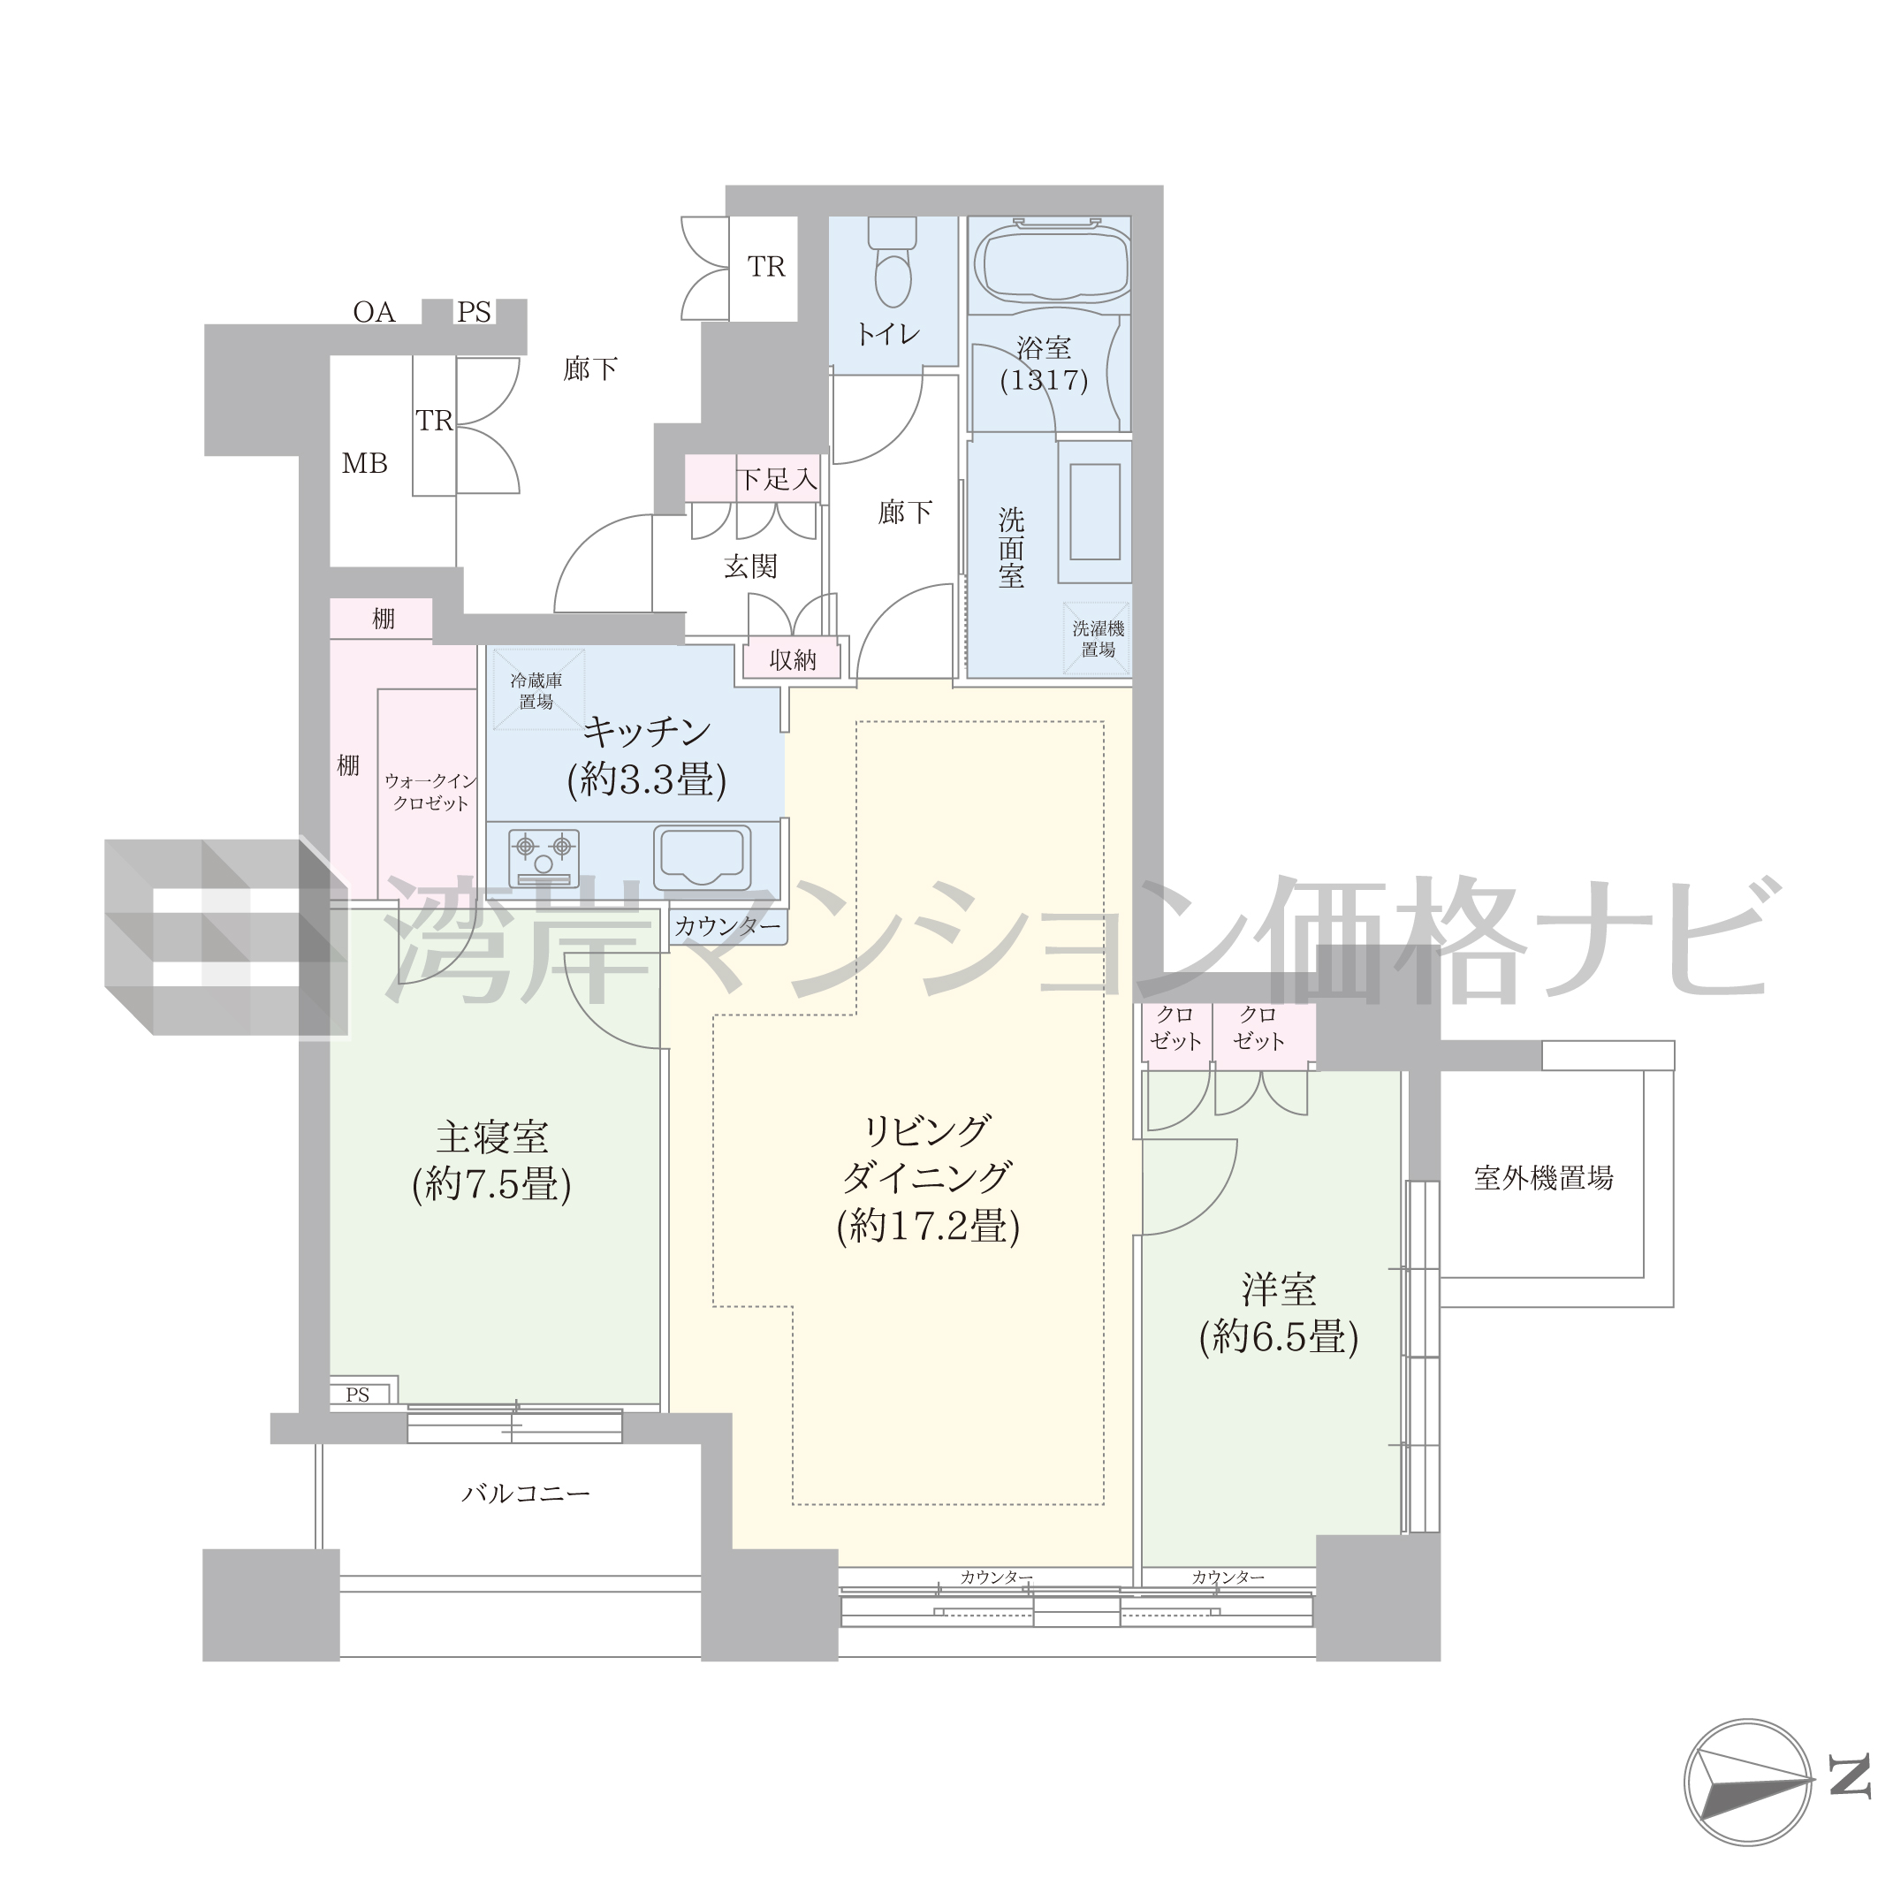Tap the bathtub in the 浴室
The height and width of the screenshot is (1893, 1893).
tap(1049, 262)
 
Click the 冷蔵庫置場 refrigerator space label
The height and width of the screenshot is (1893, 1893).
tap(536, 691)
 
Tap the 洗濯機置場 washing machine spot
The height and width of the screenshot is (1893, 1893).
tap(1099, 639)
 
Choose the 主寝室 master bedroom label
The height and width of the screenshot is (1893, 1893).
tap(492, 1137)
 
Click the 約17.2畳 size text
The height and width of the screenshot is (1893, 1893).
tap(928, 1226)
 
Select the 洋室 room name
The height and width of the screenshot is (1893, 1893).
tap(1279, 1289)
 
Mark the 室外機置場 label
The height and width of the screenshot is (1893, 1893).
tap(1543, 1178)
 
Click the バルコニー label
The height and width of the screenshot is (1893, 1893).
tap(526, 1494)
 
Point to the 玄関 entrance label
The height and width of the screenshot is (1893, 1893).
tap(750, 566)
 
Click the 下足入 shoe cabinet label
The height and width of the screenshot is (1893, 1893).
tap(777, 479)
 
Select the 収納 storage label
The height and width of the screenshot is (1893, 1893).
tap(793, 660)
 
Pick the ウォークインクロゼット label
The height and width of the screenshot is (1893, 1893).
tap(430, 792)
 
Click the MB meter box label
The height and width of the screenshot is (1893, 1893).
tap(364, 463)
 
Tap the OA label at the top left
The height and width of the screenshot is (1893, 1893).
tap(375, 312)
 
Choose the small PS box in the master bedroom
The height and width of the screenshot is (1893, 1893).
tap(359, 1395)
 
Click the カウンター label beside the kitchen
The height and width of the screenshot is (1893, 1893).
tap(728, 926)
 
